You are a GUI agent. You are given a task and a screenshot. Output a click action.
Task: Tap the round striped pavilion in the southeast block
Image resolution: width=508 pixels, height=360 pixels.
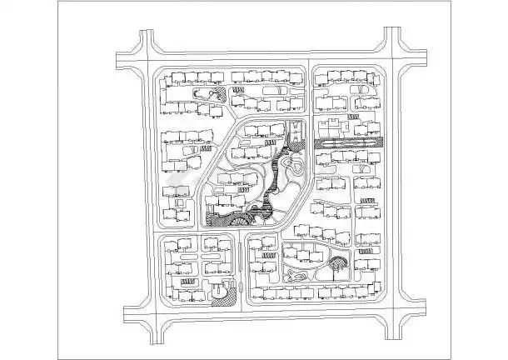(x=338, y=266)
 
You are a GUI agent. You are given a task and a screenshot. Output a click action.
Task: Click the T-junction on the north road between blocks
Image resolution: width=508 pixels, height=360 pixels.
(x=310, y=62)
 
